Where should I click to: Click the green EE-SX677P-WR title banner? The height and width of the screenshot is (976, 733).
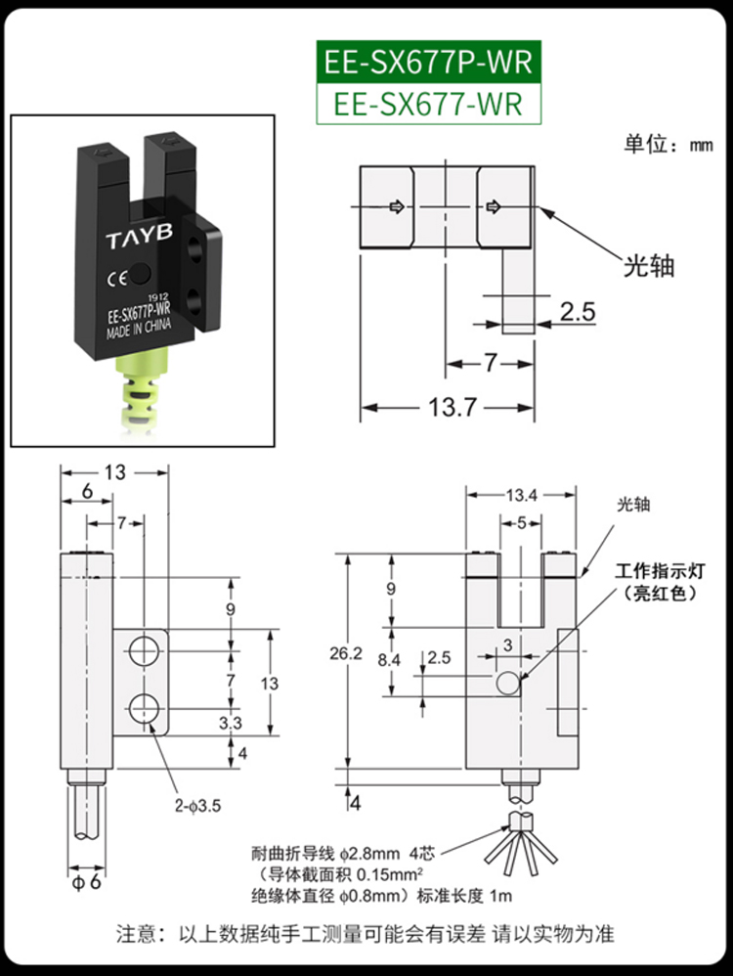tap(427, 62)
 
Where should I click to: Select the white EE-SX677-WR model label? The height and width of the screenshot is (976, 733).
tap(427, 103)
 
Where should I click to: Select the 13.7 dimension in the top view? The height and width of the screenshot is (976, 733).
tap(451, 407)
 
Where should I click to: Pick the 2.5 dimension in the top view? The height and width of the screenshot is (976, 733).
tap(577, 312)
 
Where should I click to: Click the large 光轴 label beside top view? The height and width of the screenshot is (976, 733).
tap(650, 265)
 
